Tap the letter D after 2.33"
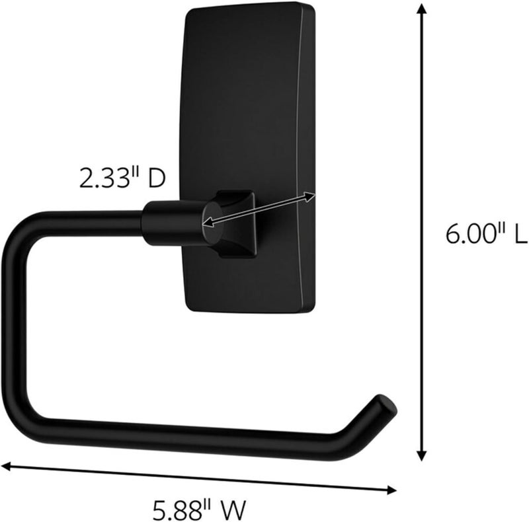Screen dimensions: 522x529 pyautogui.click(x=155, y=178)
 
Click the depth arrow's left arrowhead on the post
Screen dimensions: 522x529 pyautogui.click(x=207, y=223)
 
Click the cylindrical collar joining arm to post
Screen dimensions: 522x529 pyautogui.click(x=170, y=223)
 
